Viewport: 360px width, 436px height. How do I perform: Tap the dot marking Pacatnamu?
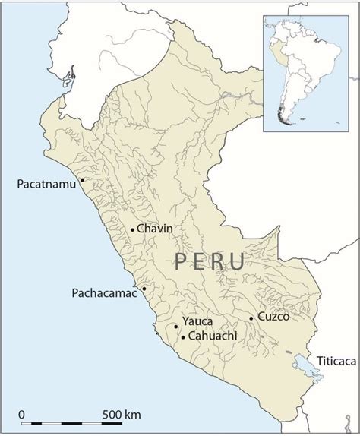coord(81,181)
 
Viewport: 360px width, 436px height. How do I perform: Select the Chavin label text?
coord(156,229)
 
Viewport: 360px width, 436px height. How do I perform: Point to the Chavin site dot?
coord(133,229)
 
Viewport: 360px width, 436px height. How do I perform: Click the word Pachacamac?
coord(104,292)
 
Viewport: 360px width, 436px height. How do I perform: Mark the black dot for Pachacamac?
coord(144,289)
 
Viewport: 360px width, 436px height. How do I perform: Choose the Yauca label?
coord(197,322)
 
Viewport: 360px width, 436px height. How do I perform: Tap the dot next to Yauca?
coord(176,327)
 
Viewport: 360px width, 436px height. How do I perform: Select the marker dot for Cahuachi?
coord(183,336)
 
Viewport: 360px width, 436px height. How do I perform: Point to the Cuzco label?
coord(273,317)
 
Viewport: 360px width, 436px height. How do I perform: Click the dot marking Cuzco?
coord(251,318)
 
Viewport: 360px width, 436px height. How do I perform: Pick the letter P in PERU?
coord(182,262)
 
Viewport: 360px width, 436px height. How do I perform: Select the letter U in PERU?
coord(236,262)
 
